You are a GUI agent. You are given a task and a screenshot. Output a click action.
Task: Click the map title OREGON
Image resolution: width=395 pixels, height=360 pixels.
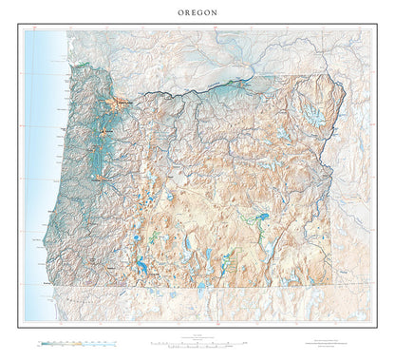point(197,11)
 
